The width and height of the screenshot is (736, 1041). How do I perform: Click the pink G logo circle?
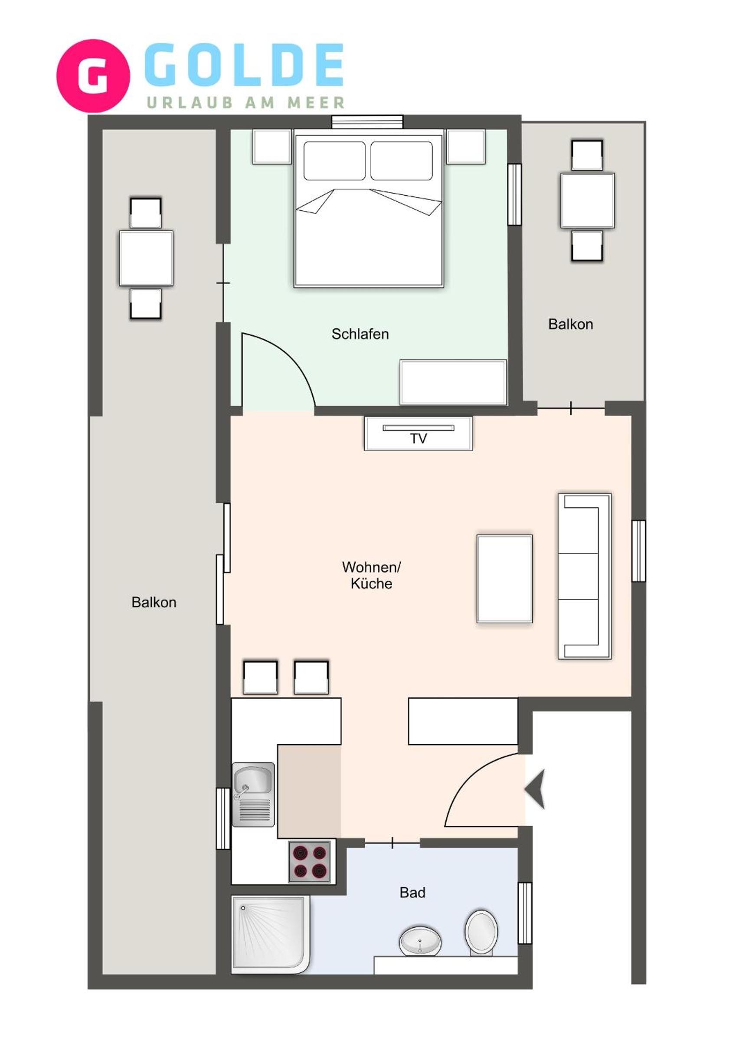pos(93,76)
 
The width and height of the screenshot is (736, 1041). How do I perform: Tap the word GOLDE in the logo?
pos(244,65)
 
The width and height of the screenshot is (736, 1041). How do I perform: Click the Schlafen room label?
pos(360,334)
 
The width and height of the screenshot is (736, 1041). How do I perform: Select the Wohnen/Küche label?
pos(371,575)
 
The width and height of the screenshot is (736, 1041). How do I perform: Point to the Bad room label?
pos(412,892)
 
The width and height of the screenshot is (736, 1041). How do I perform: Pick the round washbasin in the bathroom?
pos(420,941)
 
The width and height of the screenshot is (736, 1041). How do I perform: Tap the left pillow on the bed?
pos(334,161)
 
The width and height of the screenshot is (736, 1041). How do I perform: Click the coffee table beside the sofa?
pos(504,578)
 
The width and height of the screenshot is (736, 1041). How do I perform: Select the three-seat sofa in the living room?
pos(585,576)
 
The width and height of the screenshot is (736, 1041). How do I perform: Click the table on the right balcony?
pos(587,200)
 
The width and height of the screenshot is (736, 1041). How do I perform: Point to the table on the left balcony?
pos(147,259)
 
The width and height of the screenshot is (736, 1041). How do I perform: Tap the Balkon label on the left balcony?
pos(154,602)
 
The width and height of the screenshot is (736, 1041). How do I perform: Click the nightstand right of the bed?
pos(466,146)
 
